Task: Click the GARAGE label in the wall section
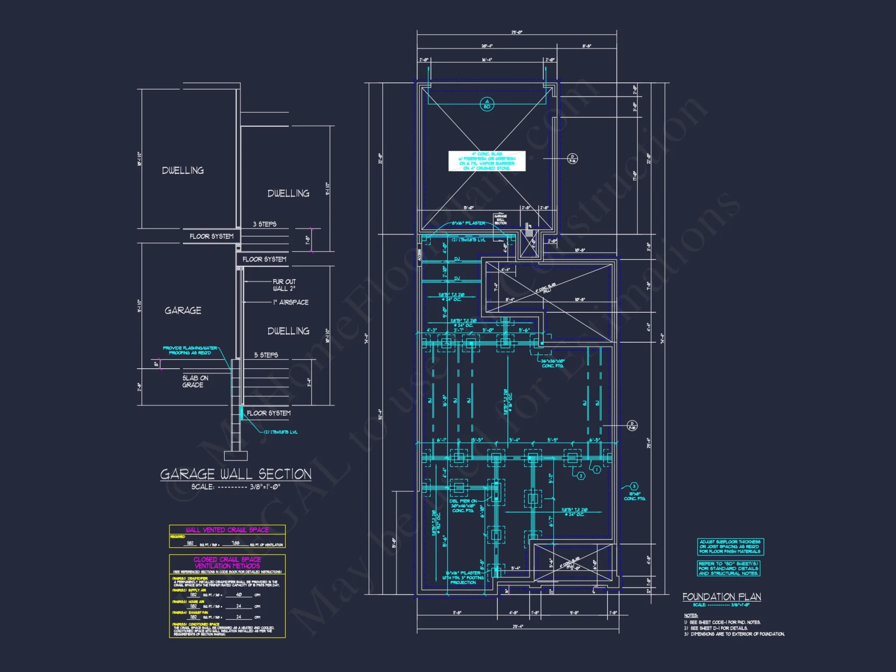pyautogui.click(x=183, y=310)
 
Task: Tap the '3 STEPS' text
pyautogui.click(x=264, y=224)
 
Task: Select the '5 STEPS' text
pyautogui.click(x=266, y=355)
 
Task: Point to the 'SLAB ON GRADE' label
pyautogui.click(x=195, y=381)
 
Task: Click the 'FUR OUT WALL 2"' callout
pyautogui.click(x=284, y=285)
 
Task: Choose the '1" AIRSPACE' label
pyautogui.click(x=291, y=302)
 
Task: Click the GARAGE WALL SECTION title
pyautogui.click(x=236, y=474)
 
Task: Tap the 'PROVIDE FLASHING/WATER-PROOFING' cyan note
pyautogui.click(x=190, y=350)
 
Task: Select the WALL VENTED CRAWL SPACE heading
pyautogui.click(x=227, y=530)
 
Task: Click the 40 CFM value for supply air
pyautogui.click(x=239, y=594)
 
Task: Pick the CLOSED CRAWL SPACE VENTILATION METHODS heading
pyautogui.click(x=227, y=563)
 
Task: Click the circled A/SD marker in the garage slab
pyautogui.click(x=487, y=104)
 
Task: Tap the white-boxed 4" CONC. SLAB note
pyautogui.click(x=487, y=161)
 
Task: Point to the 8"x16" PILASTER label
pyautogui.click(x=468, y=223)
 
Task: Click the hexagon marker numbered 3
pyautogui.click(x=634, y=487)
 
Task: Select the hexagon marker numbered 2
pyautogui.click(x=581, y=476)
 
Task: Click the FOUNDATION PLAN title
pyautogui.click(x=721, y=597)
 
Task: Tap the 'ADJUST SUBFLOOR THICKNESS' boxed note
pyautogui.click(x=730, y=547)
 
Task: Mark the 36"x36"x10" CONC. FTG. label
pyautogui.click(x=553, y=363)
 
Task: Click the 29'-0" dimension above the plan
pyautogui.click(x=517, y=32)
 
